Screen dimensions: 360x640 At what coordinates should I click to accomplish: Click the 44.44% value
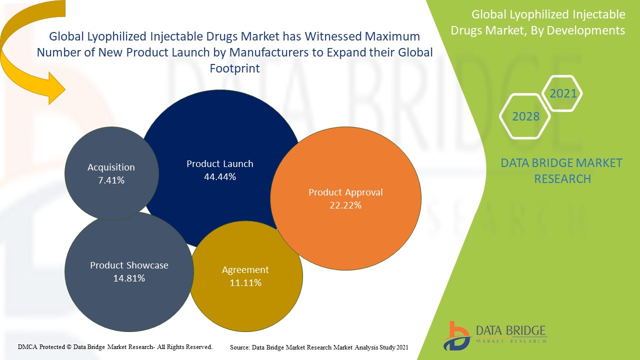pos(220,176)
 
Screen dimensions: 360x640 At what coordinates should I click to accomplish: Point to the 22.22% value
pos(345,205)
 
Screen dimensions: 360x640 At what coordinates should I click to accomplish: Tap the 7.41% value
pos(111,180)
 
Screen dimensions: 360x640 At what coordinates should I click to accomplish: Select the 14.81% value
pos(129,278)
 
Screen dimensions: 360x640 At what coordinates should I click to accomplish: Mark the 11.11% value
pos(245,282)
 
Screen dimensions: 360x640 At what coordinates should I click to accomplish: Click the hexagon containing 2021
pos(563,93)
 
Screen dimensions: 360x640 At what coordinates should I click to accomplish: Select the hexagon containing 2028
pos(526,116)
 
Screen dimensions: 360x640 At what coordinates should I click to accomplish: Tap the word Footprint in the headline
pos(234,68)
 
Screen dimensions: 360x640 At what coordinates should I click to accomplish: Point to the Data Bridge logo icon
pos(456,335)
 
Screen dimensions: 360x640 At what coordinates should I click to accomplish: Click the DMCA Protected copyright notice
pos(115,346)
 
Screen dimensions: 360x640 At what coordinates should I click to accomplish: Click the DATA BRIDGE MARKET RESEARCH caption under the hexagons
pos(561,170)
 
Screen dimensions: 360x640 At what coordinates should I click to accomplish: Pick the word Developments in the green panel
pos(585,30)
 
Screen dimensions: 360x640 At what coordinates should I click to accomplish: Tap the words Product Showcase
pos(129,265)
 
